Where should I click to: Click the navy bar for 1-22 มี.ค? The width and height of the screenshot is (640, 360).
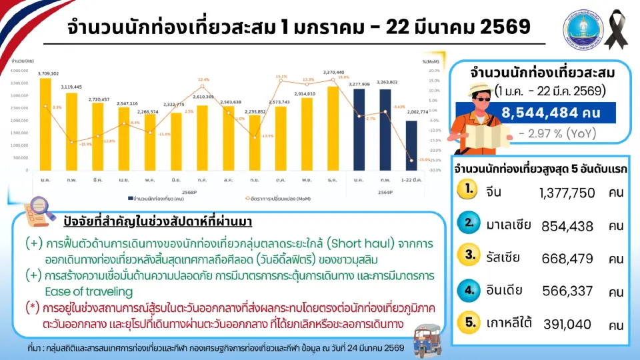click(x=412, y=145)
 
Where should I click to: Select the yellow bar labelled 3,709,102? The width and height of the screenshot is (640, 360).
click(x=45, y=123)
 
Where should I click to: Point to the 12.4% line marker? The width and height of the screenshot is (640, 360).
click(x=203, y=86)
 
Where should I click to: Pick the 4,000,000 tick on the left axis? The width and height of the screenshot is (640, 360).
click(x=19, y=70)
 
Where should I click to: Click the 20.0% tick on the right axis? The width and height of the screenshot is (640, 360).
click(x=434, y=70)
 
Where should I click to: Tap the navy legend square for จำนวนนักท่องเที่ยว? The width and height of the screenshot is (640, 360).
click(x=129, y=198)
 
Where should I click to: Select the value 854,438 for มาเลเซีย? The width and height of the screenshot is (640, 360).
click(x=567, y=226)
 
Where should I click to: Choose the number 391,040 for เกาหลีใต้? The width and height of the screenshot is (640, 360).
click(x=567, y=325)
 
